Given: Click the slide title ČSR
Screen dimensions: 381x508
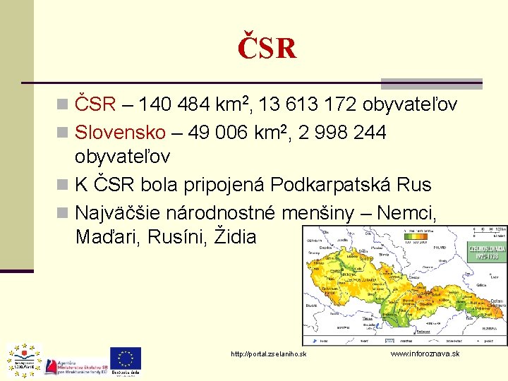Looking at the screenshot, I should click(267, 48).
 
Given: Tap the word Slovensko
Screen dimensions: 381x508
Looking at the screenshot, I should click(120, 132).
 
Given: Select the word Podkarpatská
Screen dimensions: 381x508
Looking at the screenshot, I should click(330, 185).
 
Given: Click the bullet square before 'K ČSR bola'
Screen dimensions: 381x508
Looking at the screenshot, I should click(63, 186).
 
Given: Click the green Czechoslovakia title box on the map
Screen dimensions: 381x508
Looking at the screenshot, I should click(487, 251).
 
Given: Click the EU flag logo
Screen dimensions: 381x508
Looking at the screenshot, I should click(125, 358).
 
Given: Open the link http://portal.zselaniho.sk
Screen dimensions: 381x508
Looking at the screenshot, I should click(269, 353).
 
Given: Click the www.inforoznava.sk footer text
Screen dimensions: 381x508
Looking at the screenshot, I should click(425, 353).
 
